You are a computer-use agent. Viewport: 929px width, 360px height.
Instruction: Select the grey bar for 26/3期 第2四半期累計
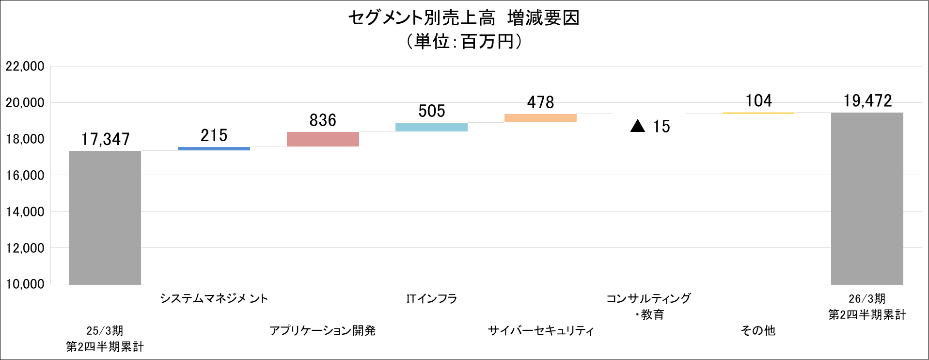(x=867, y=198)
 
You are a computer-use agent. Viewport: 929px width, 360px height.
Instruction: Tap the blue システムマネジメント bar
(x=214, y=148)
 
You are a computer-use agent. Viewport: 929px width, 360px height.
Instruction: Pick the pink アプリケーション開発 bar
(x=323, y=139)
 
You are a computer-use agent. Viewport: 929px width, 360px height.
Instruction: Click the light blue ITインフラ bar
(x=431, y=127)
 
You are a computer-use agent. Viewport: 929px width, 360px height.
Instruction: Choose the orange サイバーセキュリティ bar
(x=540, y=118)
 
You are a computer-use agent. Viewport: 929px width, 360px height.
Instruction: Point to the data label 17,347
(x=105, y=140)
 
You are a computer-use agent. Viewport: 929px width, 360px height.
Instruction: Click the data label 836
(x=323, y=120)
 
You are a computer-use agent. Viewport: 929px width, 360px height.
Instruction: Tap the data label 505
(x=431, y=111)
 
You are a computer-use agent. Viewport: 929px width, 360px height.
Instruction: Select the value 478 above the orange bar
(x=540, y=102)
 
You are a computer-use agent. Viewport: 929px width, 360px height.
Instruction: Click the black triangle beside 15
(x=638, y=127)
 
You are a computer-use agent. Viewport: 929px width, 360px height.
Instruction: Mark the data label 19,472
(x=867, y=101)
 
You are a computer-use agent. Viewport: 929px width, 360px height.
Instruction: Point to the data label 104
(x=758, y=101)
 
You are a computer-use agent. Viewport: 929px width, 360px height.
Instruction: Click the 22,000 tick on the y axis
(x=25, y=66)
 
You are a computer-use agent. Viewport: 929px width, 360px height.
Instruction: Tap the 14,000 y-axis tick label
(x=25, y=212)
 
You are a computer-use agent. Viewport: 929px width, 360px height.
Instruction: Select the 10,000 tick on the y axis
(x=25, y=284)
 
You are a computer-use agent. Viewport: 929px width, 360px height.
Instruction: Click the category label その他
(x=758, y=330)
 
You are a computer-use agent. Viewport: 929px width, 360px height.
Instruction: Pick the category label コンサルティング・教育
(x=649, y=306)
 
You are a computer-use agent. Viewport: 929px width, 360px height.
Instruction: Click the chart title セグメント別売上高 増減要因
(x=464, y=18)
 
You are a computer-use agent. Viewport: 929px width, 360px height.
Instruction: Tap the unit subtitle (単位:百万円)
(x=464, y=41)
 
